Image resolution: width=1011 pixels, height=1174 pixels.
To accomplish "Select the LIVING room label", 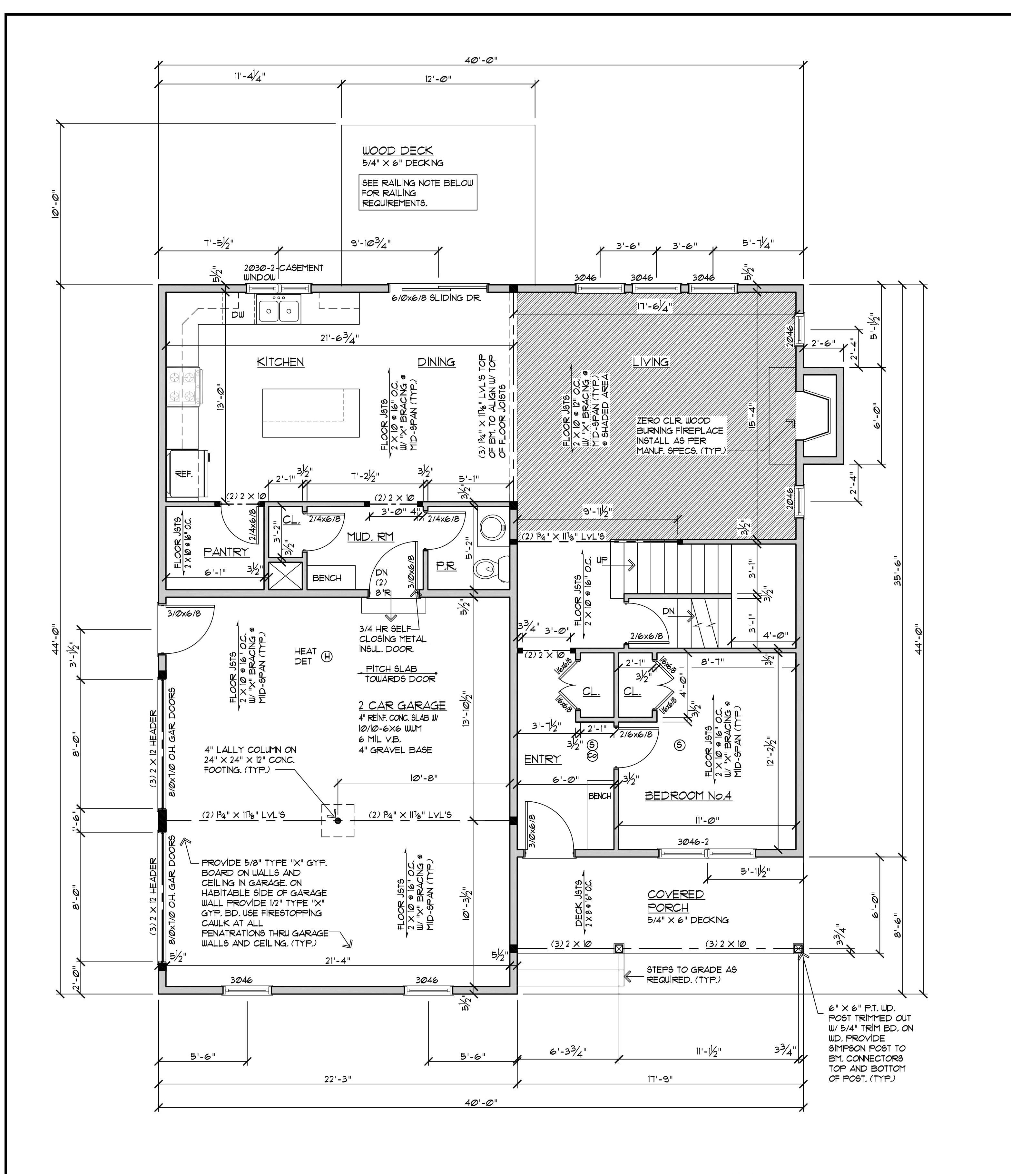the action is click(x=651, y=361).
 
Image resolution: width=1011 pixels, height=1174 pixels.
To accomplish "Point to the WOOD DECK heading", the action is click(x=398, y=151).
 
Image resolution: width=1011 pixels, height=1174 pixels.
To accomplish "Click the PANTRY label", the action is click(x=226, y=551).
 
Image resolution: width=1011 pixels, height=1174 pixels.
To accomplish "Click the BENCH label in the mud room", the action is click(x=327, y=578).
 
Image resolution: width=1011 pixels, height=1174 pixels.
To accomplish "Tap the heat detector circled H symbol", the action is click(x=327, y=657).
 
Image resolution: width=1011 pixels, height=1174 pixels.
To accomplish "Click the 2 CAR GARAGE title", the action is click(x=402, y=705).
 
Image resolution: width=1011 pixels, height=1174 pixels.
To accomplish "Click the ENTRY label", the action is click(x=542, y=759).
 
